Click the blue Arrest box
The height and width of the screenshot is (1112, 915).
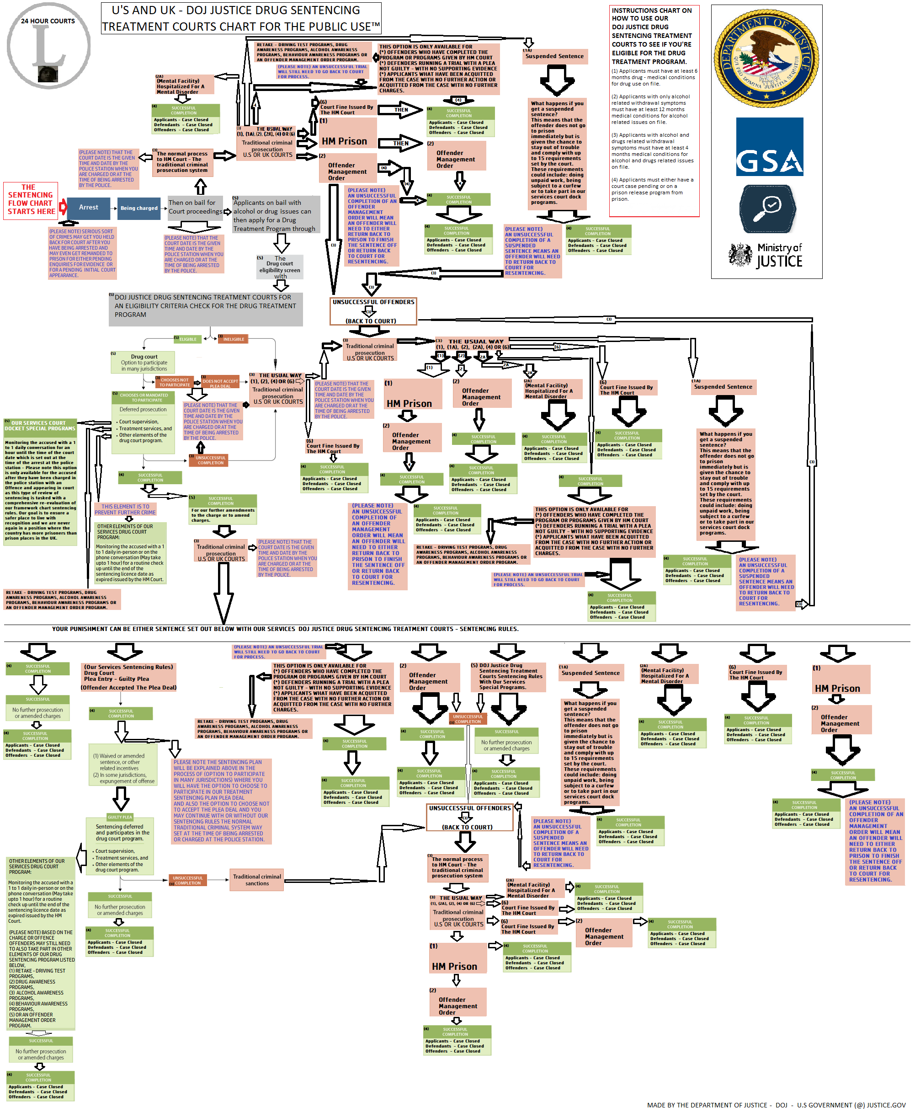click(x=89, y=208)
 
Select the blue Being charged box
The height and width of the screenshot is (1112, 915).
click(x=138, y=208)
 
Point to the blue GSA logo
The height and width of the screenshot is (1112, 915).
click(x=769, y=147)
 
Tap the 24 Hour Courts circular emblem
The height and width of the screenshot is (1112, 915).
click(x=48, y=46)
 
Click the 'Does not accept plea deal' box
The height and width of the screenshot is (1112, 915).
click(x=220, y=383)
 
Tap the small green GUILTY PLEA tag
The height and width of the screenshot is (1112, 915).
click(x=120, y=817)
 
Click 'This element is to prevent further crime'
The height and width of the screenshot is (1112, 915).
click(x=125, y=509)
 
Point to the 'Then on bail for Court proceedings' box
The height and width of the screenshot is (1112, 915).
click(x=195, y=207)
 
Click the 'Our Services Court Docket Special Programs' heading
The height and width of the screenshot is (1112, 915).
click(x=40, y=426)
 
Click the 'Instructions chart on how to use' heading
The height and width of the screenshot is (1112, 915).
click(x=653, y=36)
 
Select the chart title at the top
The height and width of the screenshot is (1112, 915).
click(x=240, y=18)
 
